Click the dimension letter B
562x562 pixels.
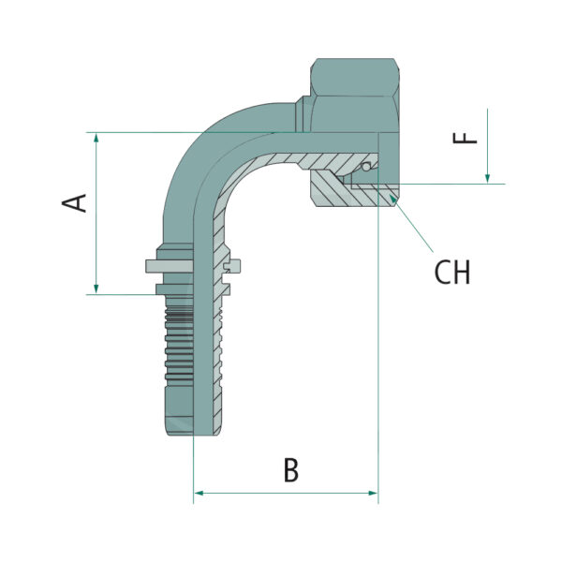[291, 470]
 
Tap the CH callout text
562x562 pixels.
[452, 273]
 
